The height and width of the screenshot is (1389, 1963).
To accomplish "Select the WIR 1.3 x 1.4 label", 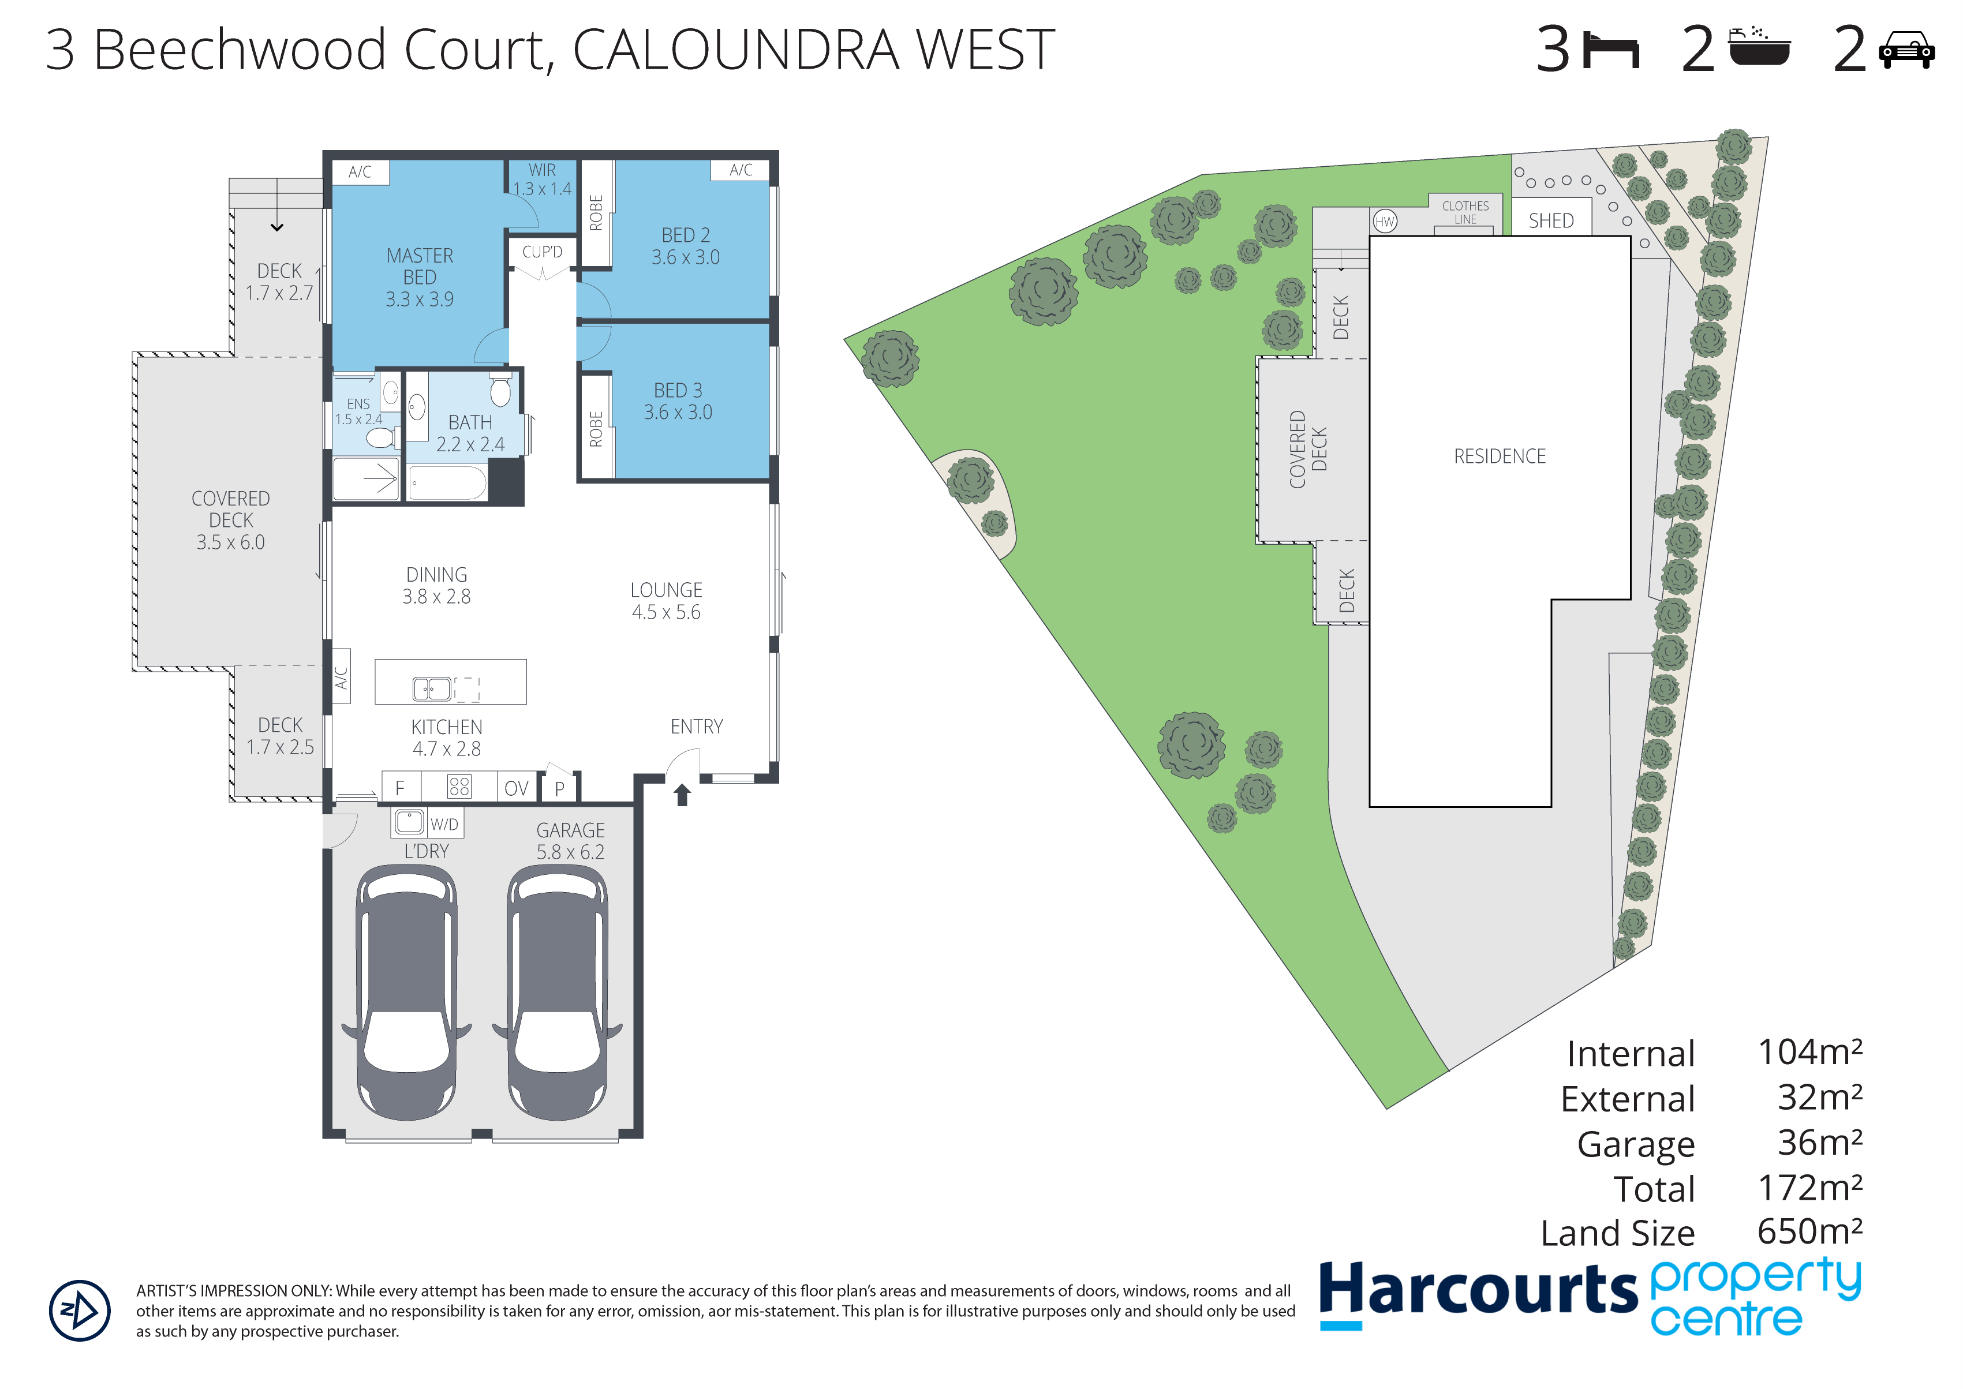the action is click(x=541, y=179).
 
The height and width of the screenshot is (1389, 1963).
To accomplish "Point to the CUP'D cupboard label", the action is click(x=543, y=252).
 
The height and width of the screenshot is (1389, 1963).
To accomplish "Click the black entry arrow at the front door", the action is click(x=682, y=795).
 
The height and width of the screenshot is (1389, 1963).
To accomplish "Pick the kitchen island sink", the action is click(x=432, y=688).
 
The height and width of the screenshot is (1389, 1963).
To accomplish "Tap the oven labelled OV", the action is click(x=517, y=788).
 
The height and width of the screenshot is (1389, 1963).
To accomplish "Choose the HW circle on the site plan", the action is click(x=1385, y=222).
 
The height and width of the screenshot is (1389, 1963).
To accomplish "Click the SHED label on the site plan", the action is click(x=1551, y=220).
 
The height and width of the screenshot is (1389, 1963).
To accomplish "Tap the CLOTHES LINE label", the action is click(x=1465, y=213).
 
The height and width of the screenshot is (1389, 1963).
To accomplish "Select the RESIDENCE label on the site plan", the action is click(x=1500, y=456).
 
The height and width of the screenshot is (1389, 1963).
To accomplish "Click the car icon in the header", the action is click(x=1906, y=50).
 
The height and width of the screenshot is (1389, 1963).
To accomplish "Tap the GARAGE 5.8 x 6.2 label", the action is click(x=570, y=841).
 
